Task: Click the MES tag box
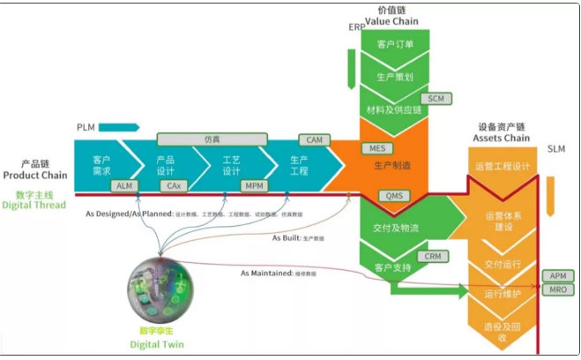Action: tap(376, 147)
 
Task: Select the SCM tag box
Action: tap(436, 99)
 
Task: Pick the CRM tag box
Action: tap(432, 256)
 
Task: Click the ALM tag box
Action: tap(125, 186)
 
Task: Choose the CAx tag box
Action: tap(174, 186)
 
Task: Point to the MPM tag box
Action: tap(255, 186)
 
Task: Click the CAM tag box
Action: tap(315, 139)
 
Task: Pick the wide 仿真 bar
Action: tap(212, 139)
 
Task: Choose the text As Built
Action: tap(287, 237)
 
